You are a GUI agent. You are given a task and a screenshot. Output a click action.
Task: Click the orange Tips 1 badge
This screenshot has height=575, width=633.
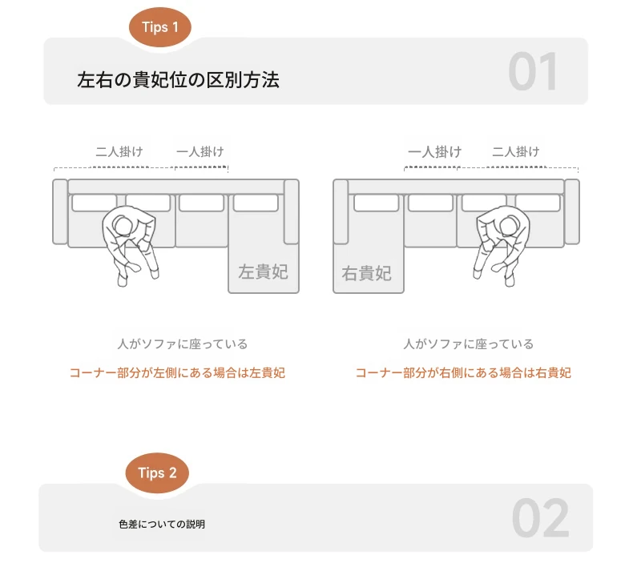click(x=160, y=27)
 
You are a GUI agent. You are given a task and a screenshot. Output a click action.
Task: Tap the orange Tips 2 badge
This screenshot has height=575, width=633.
click(x=157, y=473)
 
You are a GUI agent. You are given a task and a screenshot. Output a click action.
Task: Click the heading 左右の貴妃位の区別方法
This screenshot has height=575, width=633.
click(x=178, y=79)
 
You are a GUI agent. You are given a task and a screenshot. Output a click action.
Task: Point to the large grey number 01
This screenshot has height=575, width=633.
click(x=534, y=72)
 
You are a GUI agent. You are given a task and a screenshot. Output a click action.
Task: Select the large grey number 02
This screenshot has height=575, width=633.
click(x=541, y=518)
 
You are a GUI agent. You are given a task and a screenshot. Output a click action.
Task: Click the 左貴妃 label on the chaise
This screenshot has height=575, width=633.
click(x=263, y=272)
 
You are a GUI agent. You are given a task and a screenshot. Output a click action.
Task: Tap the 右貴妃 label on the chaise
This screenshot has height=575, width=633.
click(x=366, y=273)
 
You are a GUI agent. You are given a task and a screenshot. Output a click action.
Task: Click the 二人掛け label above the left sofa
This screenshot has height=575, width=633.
click(x=119, y=151)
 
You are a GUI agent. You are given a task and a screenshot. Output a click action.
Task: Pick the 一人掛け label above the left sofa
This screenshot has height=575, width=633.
click(x=200, y=151)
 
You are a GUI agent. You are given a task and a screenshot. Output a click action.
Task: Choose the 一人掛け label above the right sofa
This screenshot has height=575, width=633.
click(x=435, y=152)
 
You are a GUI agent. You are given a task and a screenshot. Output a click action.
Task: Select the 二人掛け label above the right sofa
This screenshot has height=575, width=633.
click(x=516, y=151)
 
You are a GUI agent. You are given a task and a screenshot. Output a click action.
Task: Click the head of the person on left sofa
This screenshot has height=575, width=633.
click(x=123, y=225)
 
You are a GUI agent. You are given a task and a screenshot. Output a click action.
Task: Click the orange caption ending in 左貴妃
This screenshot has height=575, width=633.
click(x=178, y=373)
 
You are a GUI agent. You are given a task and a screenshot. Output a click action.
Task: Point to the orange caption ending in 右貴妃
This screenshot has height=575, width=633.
click(x=463, y=373)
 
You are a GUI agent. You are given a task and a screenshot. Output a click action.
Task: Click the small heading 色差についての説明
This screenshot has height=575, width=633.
click(x=162, y=525)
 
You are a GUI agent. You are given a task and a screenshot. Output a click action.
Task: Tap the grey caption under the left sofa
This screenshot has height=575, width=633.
click(x=183, y=344)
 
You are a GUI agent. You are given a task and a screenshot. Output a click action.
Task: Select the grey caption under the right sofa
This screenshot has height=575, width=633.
click(x=468, y=344)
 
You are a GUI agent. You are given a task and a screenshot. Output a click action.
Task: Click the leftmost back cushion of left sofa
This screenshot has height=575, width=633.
click(x=94, y=203)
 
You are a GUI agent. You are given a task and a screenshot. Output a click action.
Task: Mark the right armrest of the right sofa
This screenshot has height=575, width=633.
click(x=571, y=212)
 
